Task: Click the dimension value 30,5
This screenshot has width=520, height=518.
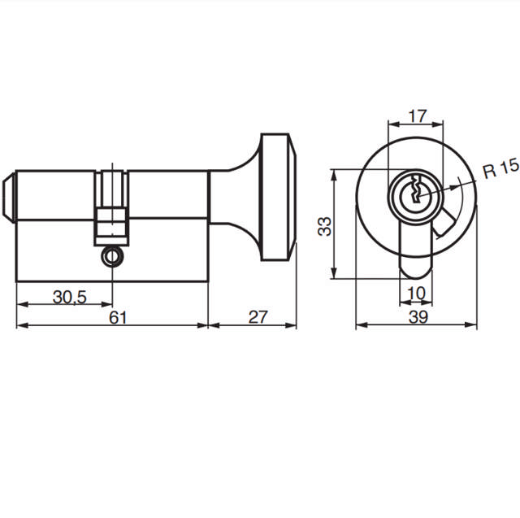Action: [x=70, y=297]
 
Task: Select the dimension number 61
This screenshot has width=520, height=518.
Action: [x=119, y=317]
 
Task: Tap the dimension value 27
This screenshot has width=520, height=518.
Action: [x=258, y=317]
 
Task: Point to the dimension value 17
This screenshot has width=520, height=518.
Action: [x=417, y=115]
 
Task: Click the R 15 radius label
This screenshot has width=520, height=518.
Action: [x=500, y=170]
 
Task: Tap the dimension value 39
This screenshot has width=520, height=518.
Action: [x=418, y=318]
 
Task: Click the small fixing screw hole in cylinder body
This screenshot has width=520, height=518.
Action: [x=110, y=256]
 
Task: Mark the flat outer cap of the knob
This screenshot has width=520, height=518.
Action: [x=291, y=195]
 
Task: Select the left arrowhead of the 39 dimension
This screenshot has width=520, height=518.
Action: [x=360, y=326]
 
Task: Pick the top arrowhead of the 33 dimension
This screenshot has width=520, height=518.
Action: [x=334, y=172]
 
